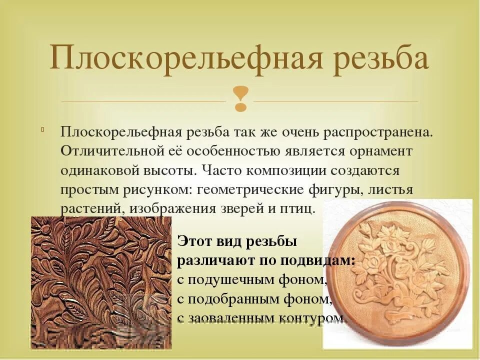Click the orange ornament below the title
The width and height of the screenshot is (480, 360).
(x=240, y=98)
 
